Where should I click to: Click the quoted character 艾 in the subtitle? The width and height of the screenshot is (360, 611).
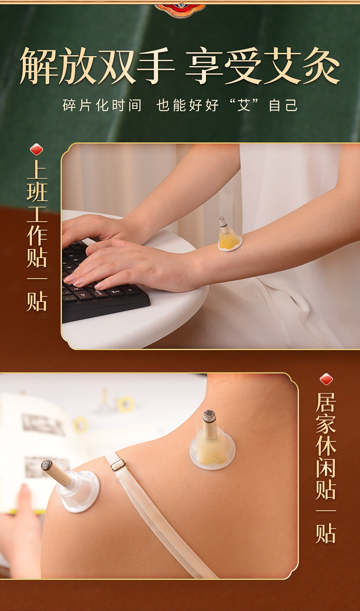[244, 105]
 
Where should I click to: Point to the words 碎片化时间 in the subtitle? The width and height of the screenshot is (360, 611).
[102, 105]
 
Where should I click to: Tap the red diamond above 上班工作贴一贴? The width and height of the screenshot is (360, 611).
[36, 149]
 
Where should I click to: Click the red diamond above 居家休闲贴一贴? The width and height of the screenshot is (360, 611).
[326, 379]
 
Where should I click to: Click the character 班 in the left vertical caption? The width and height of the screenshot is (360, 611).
[37, 192]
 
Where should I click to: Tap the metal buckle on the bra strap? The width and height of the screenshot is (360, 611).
[118, 464]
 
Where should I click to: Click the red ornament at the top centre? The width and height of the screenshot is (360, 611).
[180, 9]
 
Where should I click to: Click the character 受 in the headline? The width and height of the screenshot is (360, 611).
[243, 66]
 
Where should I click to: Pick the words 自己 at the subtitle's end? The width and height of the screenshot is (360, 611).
[283, 105]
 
